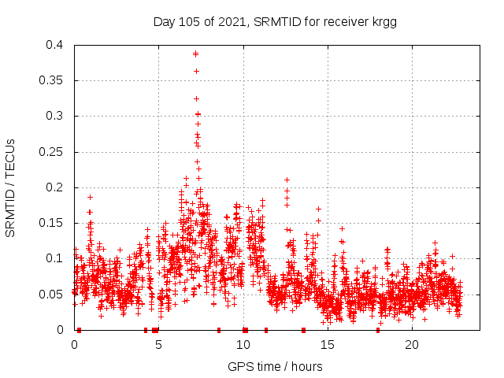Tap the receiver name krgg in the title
click(382, 21)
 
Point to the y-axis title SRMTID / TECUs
click(10, 187)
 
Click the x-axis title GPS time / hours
click(275, 366)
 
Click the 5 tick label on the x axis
click(158, 345)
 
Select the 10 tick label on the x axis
click(243, 345)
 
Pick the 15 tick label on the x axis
click(328, 345)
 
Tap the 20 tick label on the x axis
click(412, 345)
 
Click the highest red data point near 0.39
click(195, 54)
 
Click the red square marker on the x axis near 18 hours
click(378, 330)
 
